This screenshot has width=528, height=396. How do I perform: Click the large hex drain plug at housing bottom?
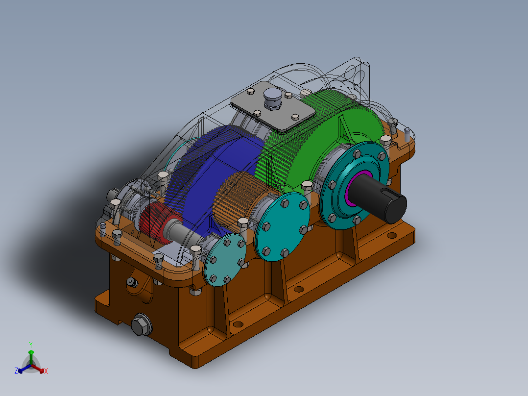tap(141, 324)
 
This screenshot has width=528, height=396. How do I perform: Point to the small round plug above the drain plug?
tap(130, 282)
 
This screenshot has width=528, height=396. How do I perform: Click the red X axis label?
tap(46, 371)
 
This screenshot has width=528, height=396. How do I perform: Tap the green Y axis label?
tap(31, 345)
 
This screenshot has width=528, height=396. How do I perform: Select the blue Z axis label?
tap(16, 371)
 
